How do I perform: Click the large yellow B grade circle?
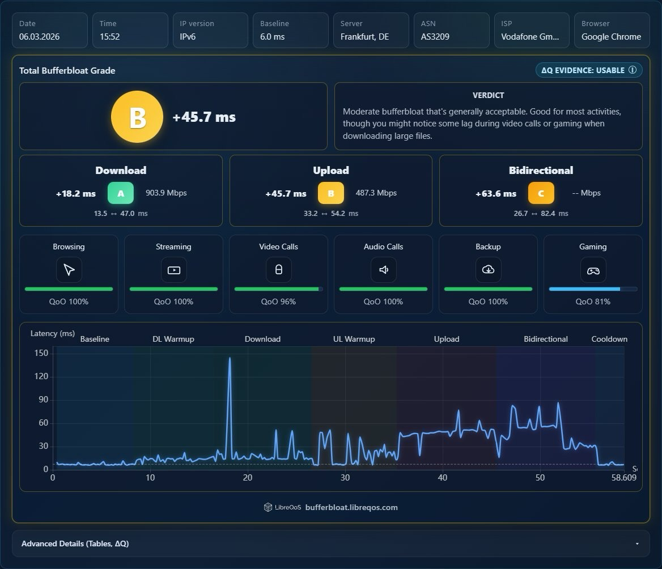[x=137, y=117]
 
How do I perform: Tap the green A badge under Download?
[x=121, y=193]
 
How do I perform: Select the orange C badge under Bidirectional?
[x=541, y=193]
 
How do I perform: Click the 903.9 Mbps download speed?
[x=166, y=193]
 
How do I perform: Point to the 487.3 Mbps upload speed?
[x=376, y=193]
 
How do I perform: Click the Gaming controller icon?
[x=593, y=270]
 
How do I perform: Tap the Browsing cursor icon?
[x=69, y=270]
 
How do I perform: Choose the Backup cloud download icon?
[x=488, y=270]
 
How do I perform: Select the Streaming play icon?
[x=173, y=270]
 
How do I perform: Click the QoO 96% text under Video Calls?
[x=278, y=302]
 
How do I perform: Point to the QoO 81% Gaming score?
[x=593, y=302]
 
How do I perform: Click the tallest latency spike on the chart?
[x=230, y=358]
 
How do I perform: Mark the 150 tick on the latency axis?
[x=41, y=353]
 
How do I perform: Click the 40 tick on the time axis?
[x=443, y=477]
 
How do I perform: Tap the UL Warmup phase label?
[x=354, y=339]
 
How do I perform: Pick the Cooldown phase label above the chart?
[x=609, y=339]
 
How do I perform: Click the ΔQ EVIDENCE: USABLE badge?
[x=589, y=70]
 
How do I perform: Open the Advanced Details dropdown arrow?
[x=637, y=543]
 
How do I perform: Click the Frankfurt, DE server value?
[x=365, y=37]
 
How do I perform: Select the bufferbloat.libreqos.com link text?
[x=351, y=507]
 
